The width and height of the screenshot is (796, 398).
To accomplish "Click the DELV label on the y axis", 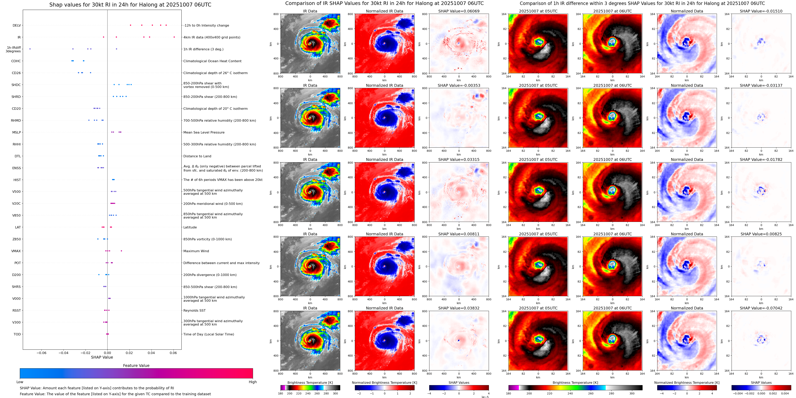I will (17, 25).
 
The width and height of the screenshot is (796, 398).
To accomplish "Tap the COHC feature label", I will (16, 61).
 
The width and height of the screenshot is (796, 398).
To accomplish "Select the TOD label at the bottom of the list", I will (17, 334).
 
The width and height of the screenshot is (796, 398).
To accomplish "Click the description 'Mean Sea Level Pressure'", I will (204, 133).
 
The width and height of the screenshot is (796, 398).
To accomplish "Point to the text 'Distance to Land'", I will (197, 156).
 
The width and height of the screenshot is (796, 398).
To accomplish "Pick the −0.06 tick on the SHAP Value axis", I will (41, 353).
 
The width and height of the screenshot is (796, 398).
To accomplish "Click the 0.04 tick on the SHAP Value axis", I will (151, 353).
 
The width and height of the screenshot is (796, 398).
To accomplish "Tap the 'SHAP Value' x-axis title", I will (102, 357).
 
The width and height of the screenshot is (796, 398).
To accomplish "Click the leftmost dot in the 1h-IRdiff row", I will (30, 49).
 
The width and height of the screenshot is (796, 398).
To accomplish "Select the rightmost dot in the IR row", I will (174, 37).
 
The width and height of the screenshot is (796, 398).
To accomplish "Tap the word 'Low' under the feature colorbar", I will (20, 382).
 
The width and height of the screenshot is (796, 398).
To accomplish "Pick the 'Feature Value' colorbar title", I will (136, 366).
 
